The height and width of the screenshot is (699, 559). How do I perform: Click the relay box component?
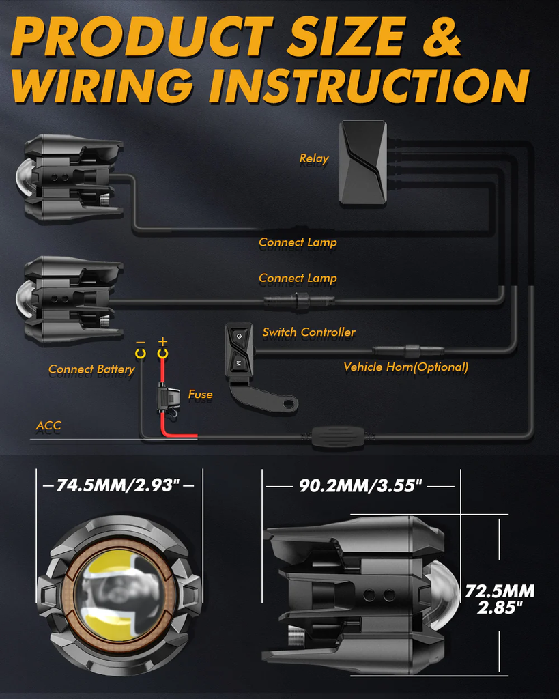(363, 162)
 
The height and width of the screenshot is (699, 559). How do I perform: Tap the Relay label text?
(314, 158)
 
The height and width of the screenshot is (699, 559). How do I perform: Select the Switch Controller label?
(309, 332)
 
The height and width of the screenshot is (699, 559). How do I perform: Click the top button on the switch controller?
(239, 336)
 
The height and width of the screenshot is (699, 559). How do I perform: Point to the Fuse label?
(200, 394)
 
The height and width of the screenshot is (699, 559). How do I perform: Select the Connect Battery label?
(91, 369)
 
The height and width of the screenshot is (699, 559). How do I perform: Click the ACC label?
(48, 426)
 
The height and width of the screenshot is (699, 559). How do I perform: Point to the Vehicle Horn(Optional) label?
(405, 367)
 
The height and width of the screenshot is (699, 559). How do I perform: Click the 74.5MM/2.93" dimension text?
(118, 485)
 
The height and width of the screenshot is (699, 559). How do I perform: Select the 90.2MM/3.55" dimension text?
(360, 485)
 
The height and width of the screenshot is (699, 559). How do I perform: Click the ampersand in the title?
(441, 37)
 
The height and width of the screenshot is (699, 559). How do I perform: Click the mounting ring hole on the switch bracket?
(291, 404)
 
